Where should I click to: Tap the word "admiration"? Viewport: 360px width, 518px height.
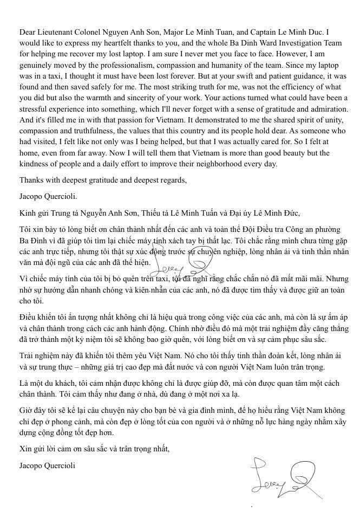tap(326, 116)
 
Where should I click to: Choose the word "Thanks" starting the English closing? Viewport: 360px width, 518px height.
tap(30, 195)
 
